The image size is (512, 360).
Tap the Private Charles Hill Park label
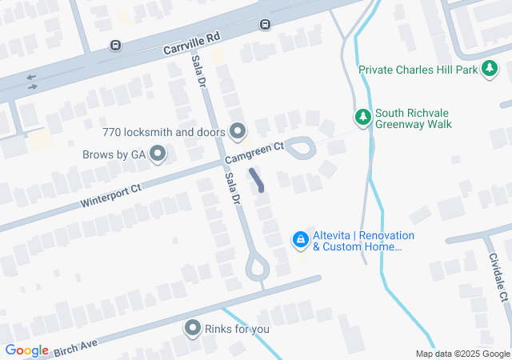click(x=417, y=70)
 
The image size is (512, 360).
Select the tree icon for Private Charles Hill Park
click(x=489, y=70)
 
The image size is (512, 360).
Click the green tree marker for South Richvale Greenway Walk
click(x=362, y=117)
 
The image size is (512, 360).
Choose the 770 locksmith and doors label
click(x=164, y=132)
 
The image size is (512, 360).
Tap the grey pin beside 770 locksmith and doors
click(x=238, y=130)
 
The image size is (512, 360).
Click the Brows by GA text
click(x=114, y=154)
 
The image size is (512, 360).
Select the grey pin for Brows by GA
click(x=158, y=153)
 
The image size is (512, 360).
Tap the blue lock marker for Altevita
click(x=300, y=239)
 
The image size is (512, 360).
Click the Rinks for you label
click(x=237, y=329)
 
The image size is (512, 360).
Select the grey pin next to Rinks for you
click(x=193, y=328)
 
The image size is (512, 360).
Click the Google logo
click(x=26, y=350)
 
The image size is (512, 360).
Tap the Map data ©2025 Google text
click(x=462, y=354)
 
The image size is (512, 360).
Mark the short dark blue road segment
click(x=258, y=180)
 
